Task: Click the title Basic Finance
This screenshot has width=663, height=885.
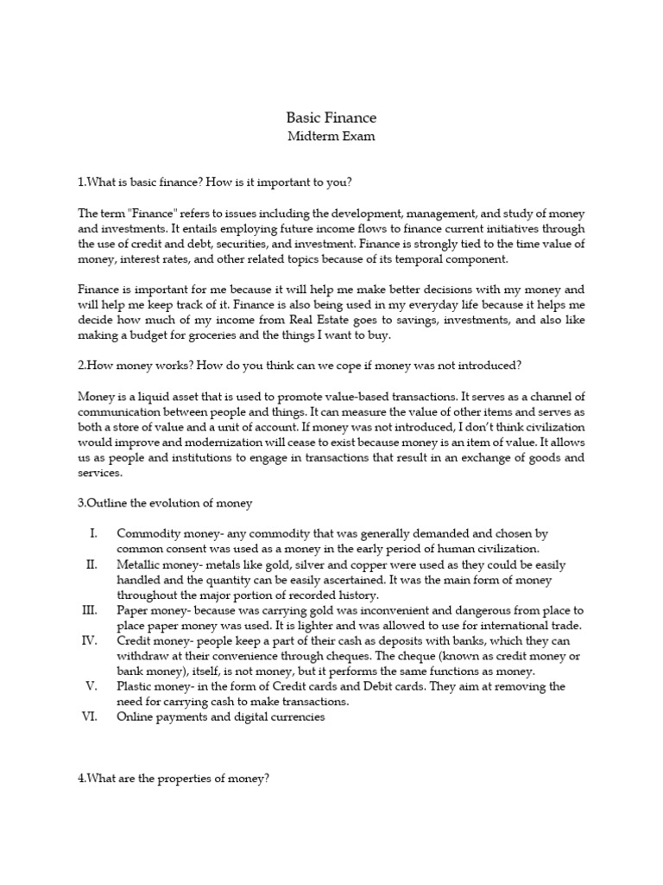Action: (x=331, y=117)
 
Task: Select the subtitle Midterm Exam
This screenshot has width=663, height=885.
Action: (x=331, y=136)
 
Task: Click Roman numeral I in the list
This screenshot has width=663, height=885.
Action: (x=94, y=533)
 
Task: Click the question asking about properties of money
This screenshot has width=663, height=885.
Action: (x=174, y=779)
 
